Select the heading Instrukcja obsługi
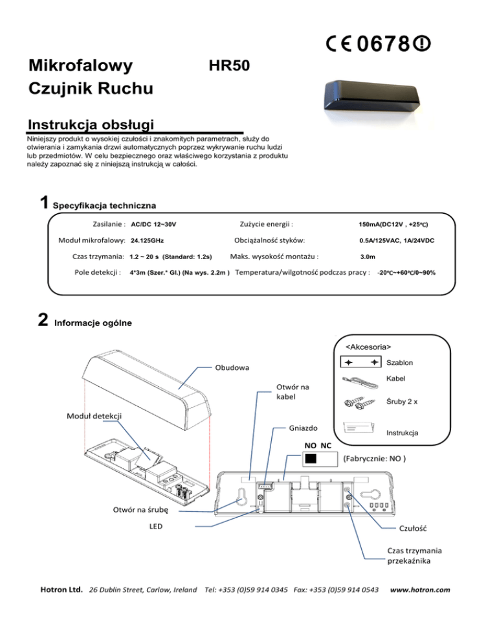click(x=89, y=124)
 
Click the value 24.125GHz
click(x=147, y=241)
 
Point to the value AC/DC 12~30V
click(x=153, y=224)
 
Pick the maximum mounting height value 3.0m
click(x=369, y=257)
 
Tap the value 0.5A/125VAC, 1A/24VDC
click(x=397, y=241)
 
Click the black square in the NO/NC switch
click(x=312, y=459)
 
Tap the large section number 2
click(x=43, y=319)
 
